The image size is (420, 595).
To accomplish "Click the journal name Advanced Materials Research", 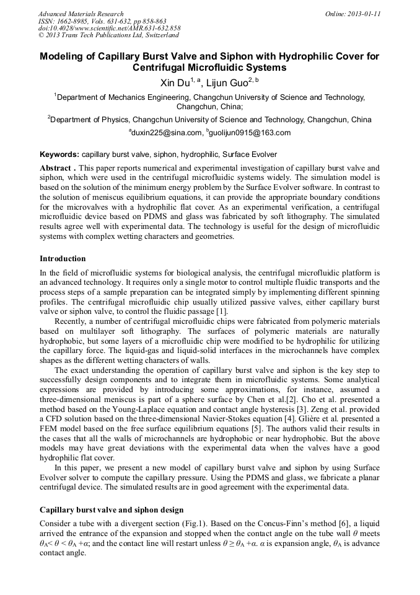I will [81, 14].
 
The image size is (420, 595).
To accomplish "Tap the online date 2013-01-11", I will [363, 14].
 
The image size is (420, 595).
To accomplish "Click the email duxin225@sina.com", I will [167, 133].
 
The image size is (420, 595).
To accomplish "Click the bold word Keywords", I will [59, 154].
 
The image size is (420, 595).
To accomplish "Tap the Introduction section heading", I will [63, 258].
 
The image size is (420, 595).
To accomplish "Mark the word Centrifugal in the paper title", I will [163, 68].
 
